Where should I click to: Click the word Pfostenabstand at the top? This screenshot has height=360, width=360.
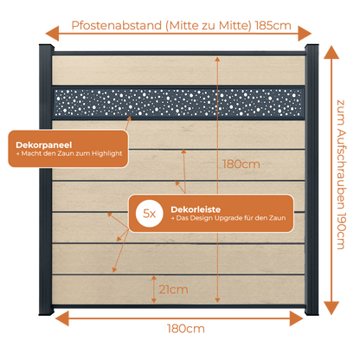[x=117, y=26]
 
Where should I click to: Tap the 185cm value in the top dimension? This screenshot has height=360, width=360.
[x=273, y=26]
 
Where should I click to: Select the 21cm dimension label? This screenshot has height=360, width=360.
[x=173, y=289]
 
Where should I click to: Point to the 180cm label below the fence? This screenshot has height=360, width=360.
[x=186, y=329]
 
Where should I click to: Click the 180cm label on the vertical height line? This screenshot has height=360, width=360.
[x=241, y=164]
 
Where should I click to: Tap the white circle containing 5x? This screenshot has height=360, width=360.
[x=150, y=214]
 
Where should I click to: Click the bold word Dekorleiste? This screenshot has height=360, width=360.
[x=196, y=209]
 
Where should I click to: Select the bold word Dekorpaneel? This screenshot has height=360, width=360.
[x=44, y=145]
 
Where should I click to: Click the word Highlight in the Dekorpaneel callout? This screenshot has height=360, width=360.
[x=107, y=154]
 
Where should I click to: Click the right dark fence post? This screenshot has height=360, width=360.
[x=312, y=179]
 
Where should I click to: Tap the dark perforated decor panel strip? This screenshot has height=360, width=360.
[x=178, y=102]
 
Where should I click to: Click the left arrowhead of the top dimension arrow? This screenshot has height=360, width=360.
[x=52, y=34]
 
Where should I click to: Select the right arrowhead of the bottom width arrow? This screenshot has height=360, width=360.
[x=296, y=318]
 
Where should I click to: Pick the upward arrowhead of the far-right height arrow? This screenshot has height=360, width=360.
[x=331, y=53]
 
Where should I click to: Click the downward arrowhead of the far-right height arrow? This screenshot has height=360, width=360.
[x=331, y=308]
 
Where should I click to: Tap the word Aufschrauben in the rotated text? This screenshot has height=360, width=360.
[x=341, y=168]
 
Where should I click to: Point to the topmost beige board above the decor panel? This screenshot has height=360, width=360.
[x=178, y=70]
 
